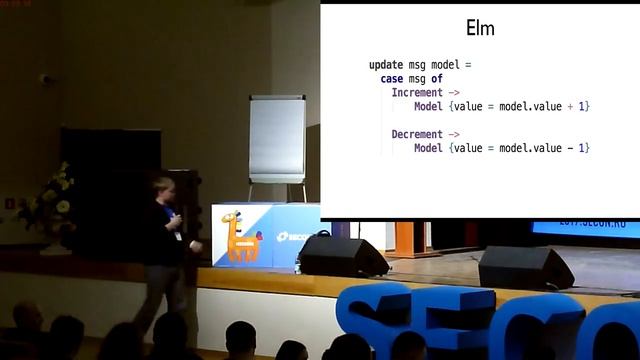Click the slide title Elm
point(480,28)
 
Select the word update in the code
point(386,65)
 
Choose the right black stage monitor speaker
point(525,268)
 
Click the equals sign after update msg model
point(467,65)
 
